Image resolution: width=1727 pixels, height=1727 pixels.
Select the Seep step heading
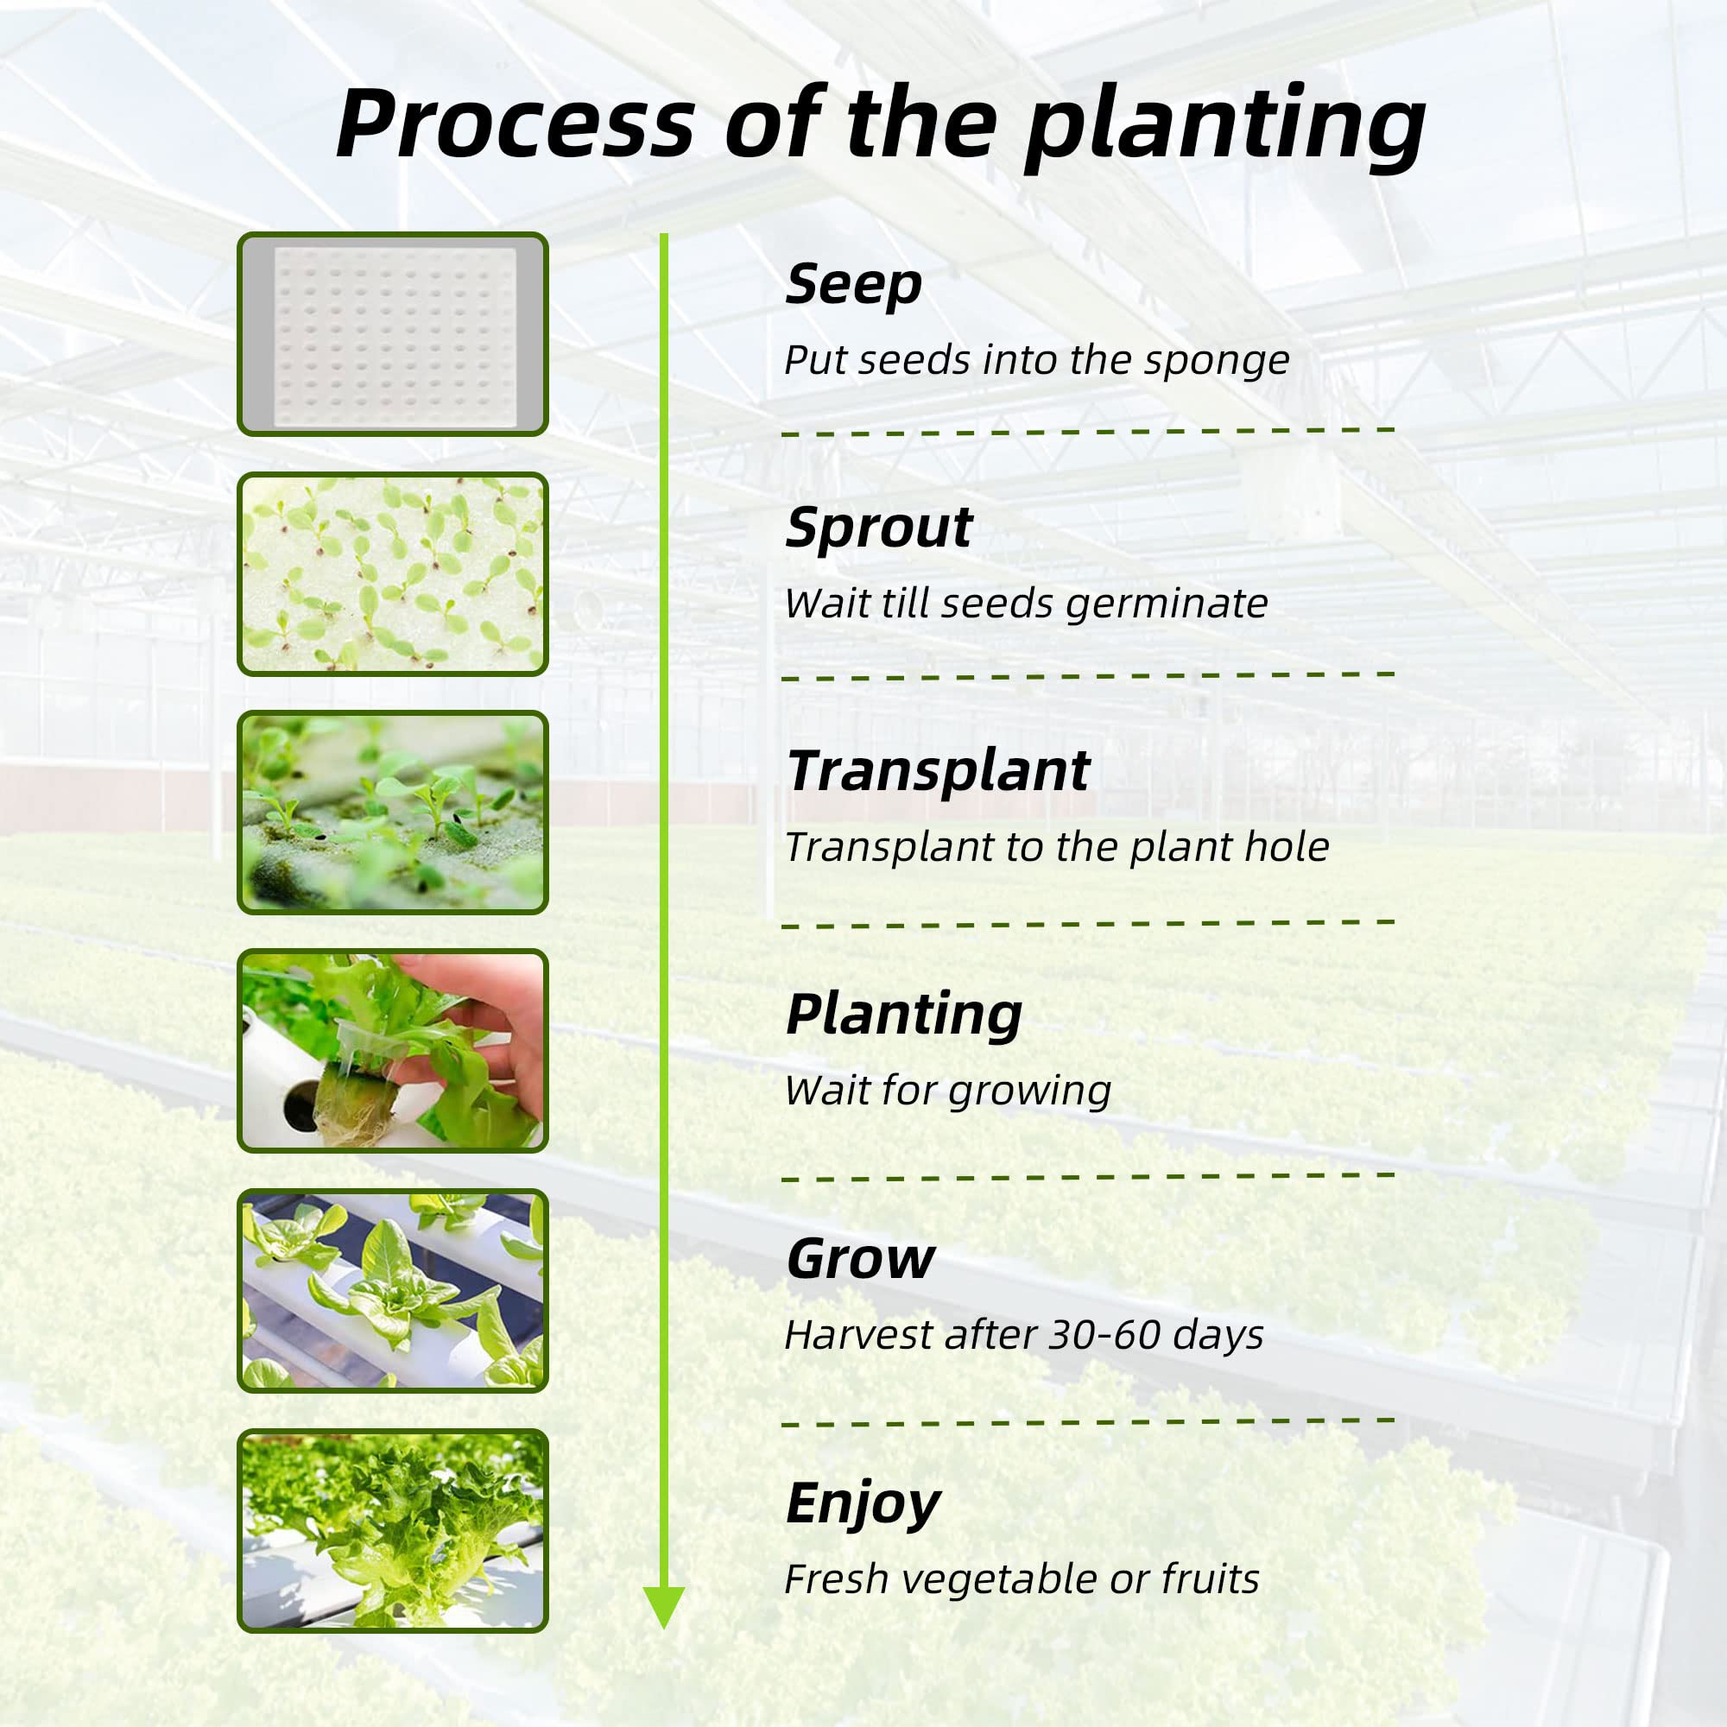(853, 285)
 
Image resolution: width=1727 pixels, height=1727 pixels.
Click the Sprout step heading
(878, 528)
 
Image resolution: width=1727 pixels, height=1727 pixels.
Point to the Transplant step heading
(938, 770)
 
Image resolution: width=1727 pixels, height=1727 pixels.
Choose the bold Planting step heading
(904, 1015)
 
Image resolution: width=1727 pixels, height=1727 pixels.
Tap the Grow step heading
(860, 1260)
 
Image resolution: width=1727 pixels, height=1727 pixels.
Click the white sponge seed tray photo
(392, 333)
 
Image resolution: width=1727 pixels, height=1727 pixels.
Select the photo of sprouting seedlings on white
(392, 574)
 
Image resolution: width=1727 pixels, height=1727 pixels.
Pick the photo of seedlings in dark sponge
(392, 813)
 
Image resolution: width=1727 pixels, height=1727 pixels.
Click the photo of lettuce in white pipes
(392, 1291)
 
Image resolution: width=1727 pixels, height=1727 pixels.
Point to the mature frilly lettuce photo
(392, 1530)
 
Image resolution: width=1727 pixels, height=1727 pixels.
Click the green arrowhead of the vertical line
(663, 1606)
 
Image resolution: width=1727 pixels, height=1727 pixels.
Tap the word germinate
(1167, 604)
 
